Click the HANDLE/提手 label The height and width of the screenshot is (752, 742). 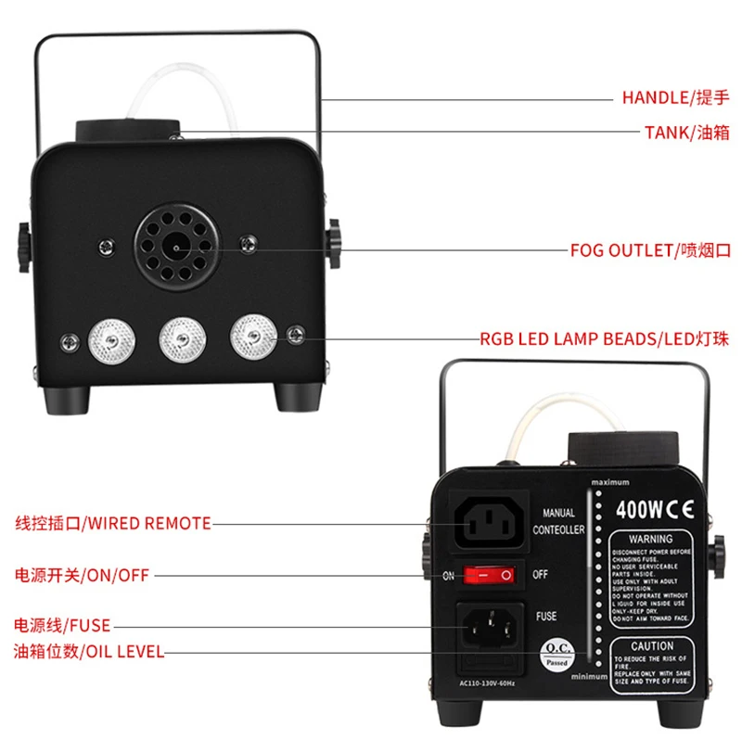[x=677, y=96]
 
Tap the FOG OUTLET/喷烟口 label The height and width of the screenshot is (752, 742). [x=650, y=250]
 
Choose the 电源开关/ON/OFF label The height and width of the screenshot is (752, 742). [x=80, y=575]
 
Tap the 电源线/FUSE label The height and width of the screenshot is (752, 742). [x=62, y=626]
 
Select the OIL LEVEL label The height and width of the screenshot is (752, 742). [x=88, y=652]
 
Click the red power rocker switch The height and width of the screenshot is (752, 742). [x=489, y=575]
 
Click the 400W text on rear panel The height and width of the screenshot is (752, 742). [x=636, y=509]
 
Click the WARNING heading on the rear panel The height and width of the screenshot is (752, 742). [x=650, y=538]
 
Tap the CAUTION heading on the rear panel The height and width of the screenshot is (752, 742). [x=652, y=646]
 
